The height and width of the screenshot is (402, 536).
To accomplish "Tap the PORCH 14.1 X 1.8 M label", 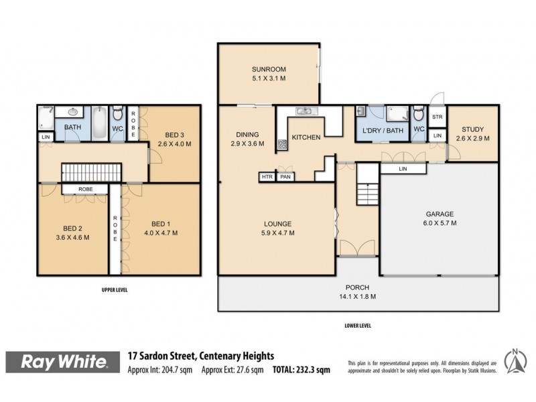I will click(358, 292).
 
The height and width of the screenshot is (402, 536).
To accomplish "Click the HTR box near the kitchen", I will click(267, 177).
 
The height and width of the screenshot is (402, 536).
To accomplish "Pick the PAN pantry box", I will click(285, 177).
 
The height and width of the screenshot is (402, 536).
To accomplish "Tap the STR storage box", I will click(438, 117).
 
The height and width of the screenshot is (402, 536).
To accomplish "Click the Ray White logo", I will click(64, 362).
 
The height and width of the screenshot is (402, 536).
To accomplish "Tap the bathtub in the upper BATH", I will click(99, 123).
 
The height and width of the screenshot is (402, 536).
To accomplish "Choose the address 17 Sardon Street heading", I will click(201, 356).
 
